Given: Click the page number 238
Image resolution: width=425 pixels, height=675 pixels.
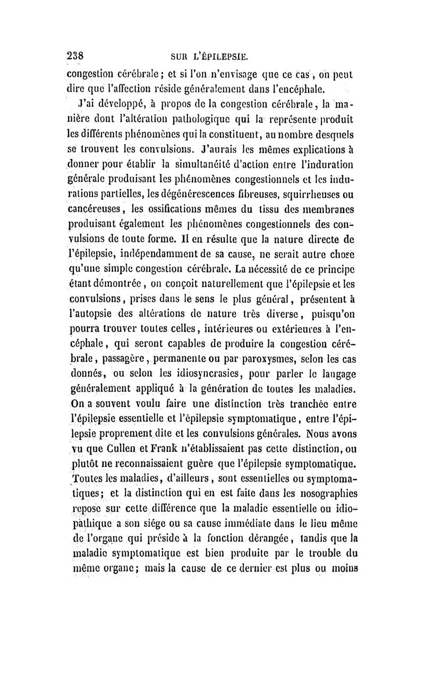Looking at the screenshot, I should click(x=78, y=56).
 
